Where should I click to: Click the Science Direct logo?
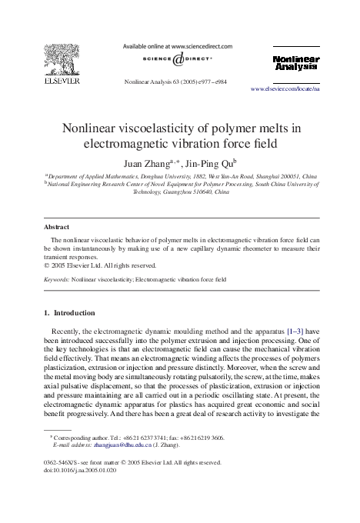point(178,59)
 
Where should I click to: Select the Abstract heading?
point(56,228)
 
